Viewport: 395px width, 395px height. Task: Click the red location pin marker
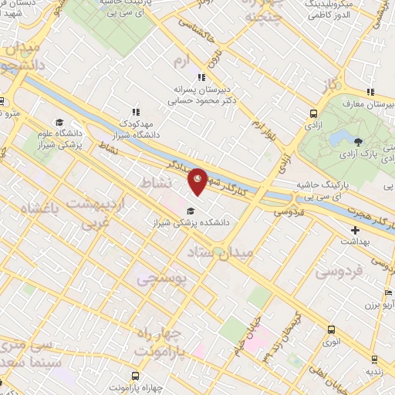(198, 182)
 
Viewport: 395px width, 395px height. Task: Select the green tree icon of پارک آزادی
(358, 140)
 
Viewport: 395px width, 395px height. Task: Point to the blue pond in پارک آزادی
(340, 138)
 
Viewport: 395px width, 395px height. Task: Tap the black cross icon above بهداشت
(355, 230)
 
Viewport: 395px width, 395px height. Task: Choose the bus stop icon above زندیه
(374, 359)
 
